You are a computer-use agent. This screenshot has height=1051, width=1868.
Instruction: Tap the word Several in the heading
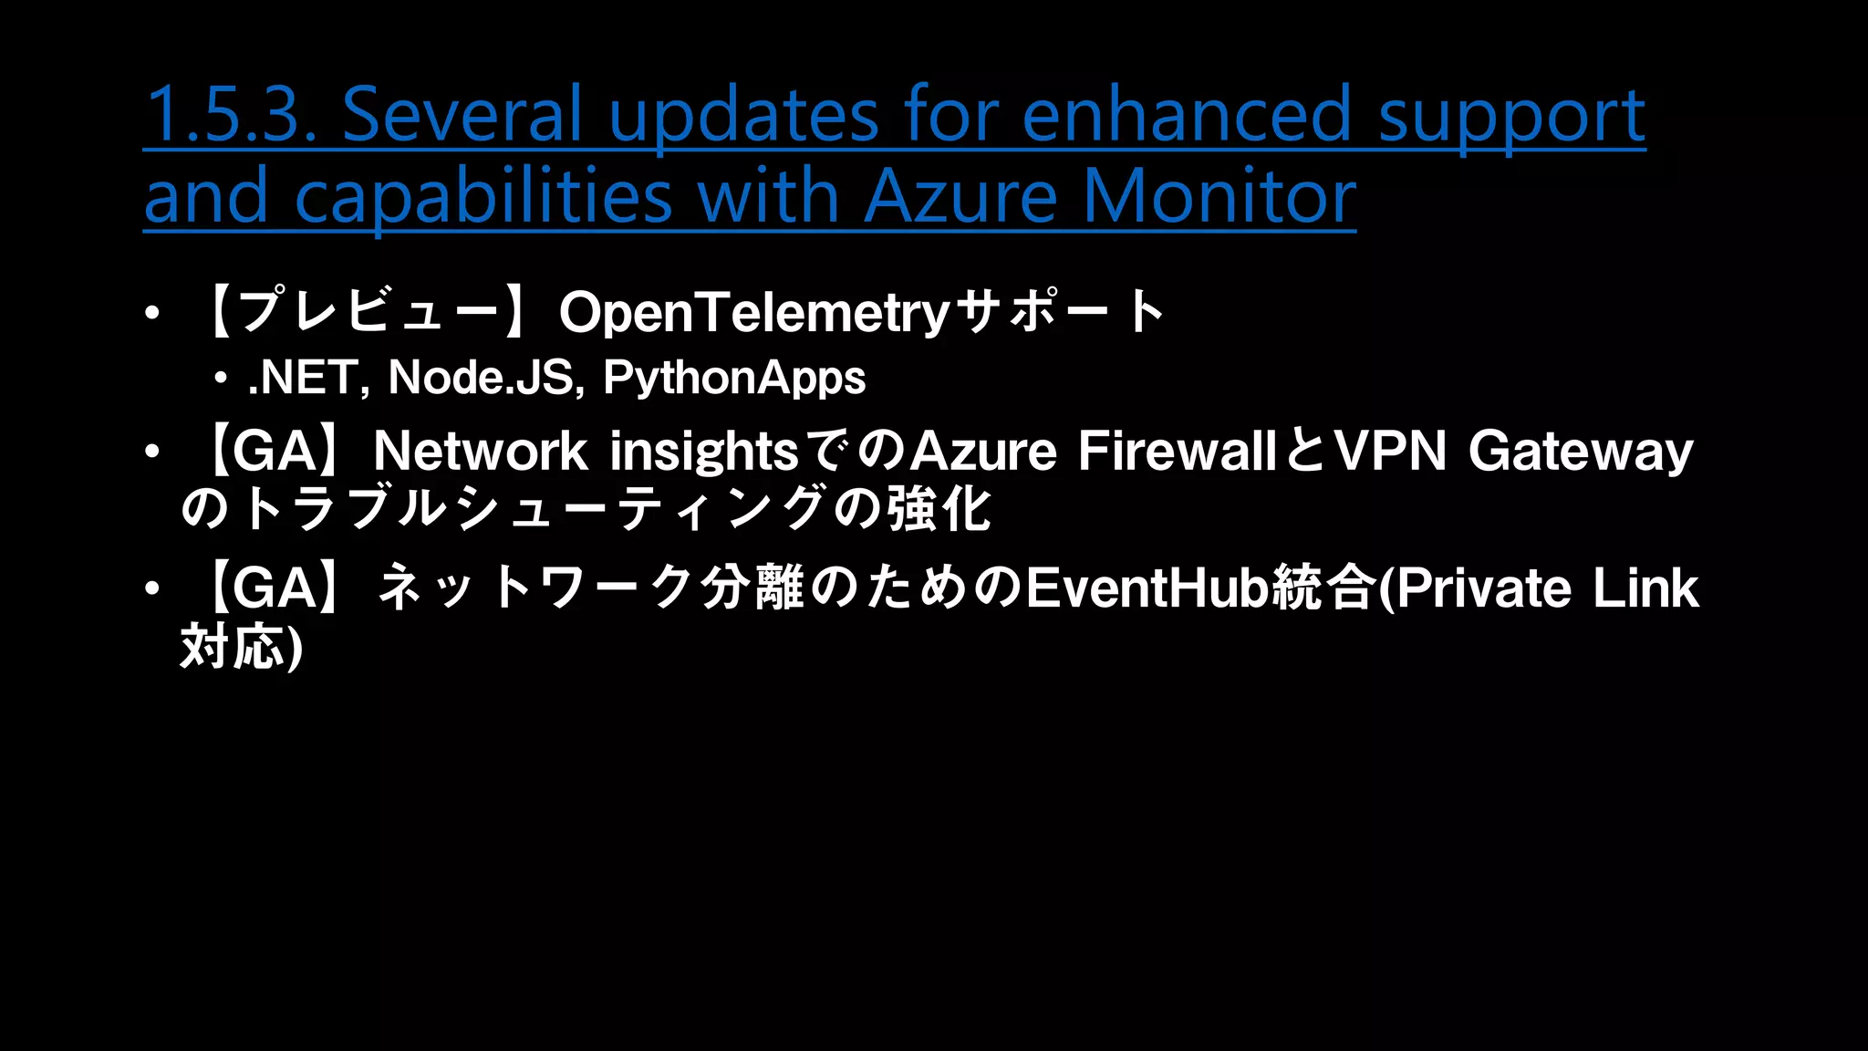coord(462,115)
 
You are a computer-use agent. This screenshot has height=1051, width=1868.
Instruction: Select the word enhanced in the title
coord(1187,115)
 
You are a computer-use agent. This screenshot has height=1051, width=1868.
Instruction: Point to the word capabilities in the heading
coord(483,197)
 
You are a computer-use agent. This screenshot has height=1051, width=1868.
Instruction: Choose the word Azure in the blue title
coord(960,197)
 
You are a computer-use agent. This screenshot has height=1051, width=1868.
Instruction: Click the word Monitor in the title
coord(1219,197)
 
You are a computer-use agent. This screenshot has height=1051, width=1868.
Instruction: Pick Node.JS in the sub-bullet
coord(480,378)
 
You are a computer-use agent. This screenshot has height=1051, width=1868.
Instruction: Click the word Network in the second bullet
coord(480,451)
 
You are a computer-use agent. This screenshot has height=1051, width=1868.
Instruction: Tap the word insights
coord(704,453)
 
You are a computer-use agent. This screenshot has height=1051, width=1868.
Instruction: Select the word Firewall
coord(1177,451)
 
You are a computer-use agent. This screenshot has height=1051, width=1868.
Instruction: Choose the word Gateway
coord(1581,453)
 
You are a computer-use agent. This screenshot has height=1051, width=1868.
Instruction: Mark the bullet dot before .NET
coord(220,378)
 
